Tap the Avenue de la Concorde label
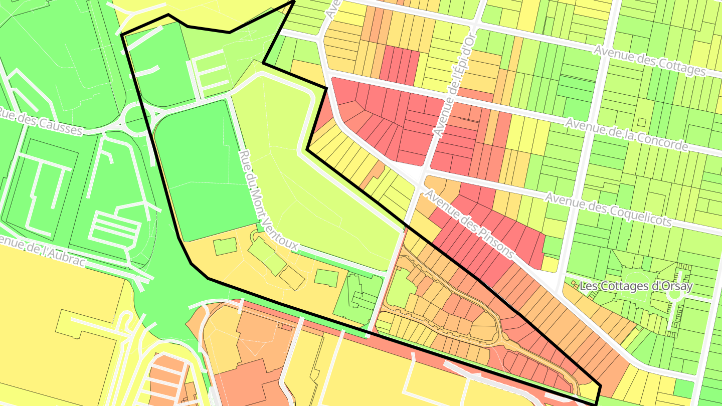pos(627,134)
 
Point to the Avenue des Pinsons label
pos(469,224)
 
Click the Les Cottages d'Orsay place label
pos(636,287)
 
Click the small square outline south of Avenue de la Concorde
pos(641,122)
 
